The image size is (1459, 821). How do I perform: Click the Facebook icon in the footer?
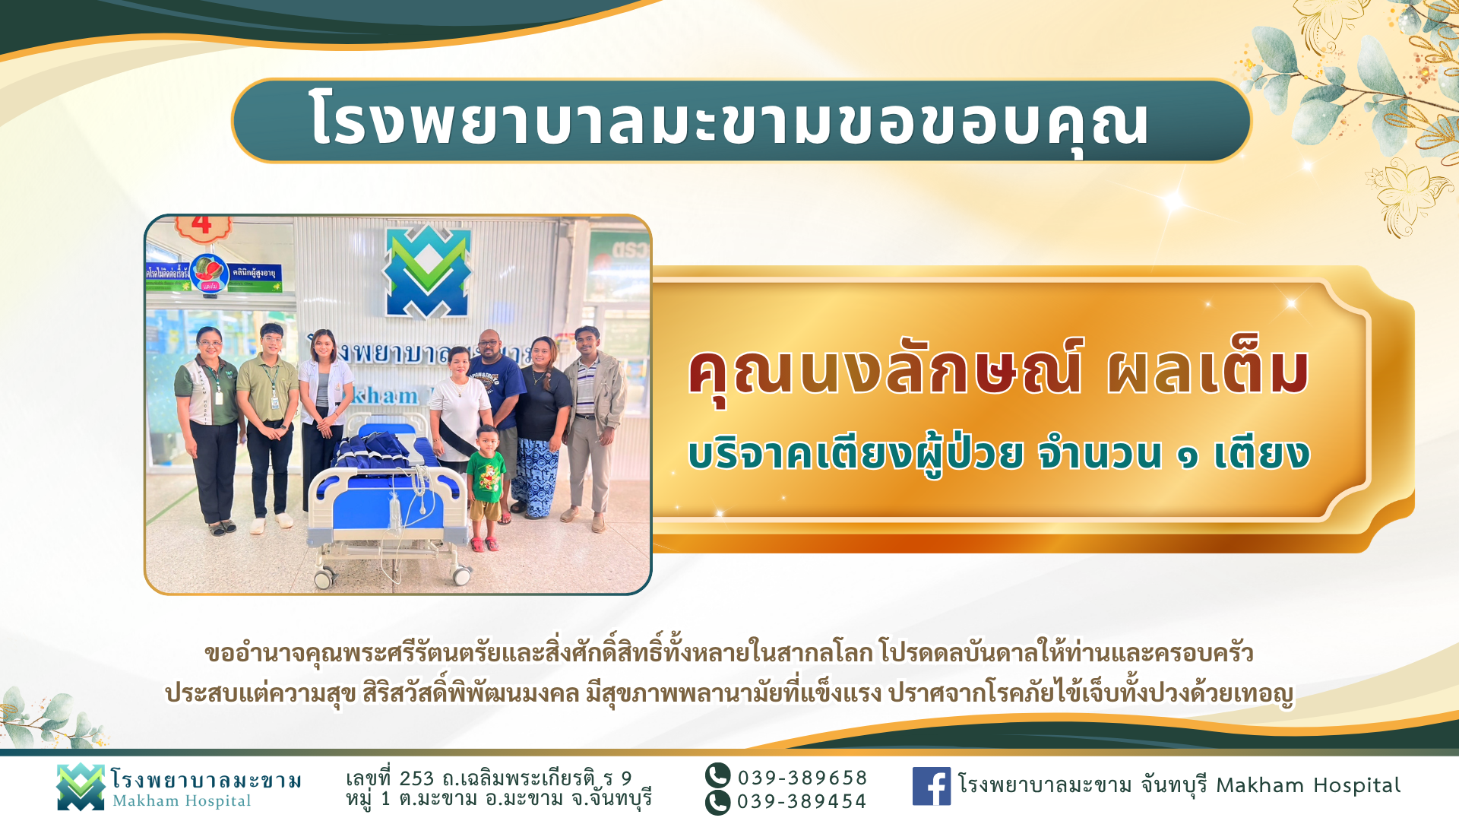[x=931, y=786]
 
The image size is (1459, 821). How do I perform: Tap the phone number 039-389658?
[x=802, y=778]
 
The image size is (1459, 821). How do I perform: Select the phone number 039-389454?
[x=802, y=801]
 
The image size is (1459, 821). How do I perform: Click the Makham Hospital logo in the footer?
[x=80, y=787]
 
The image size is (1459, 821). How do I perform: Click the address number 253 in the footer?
[x=416, y=779]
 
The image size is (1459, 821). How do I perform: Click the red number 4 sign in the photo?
[x=201, y=225]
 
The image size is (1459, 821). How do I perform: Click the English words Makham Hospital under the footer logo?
[x=182, y=801]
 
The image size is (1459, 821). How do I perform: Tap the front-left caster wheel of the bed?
[x=323, y=580]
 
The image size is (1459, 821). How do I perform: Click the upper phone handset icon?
[x=717, y=776]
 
